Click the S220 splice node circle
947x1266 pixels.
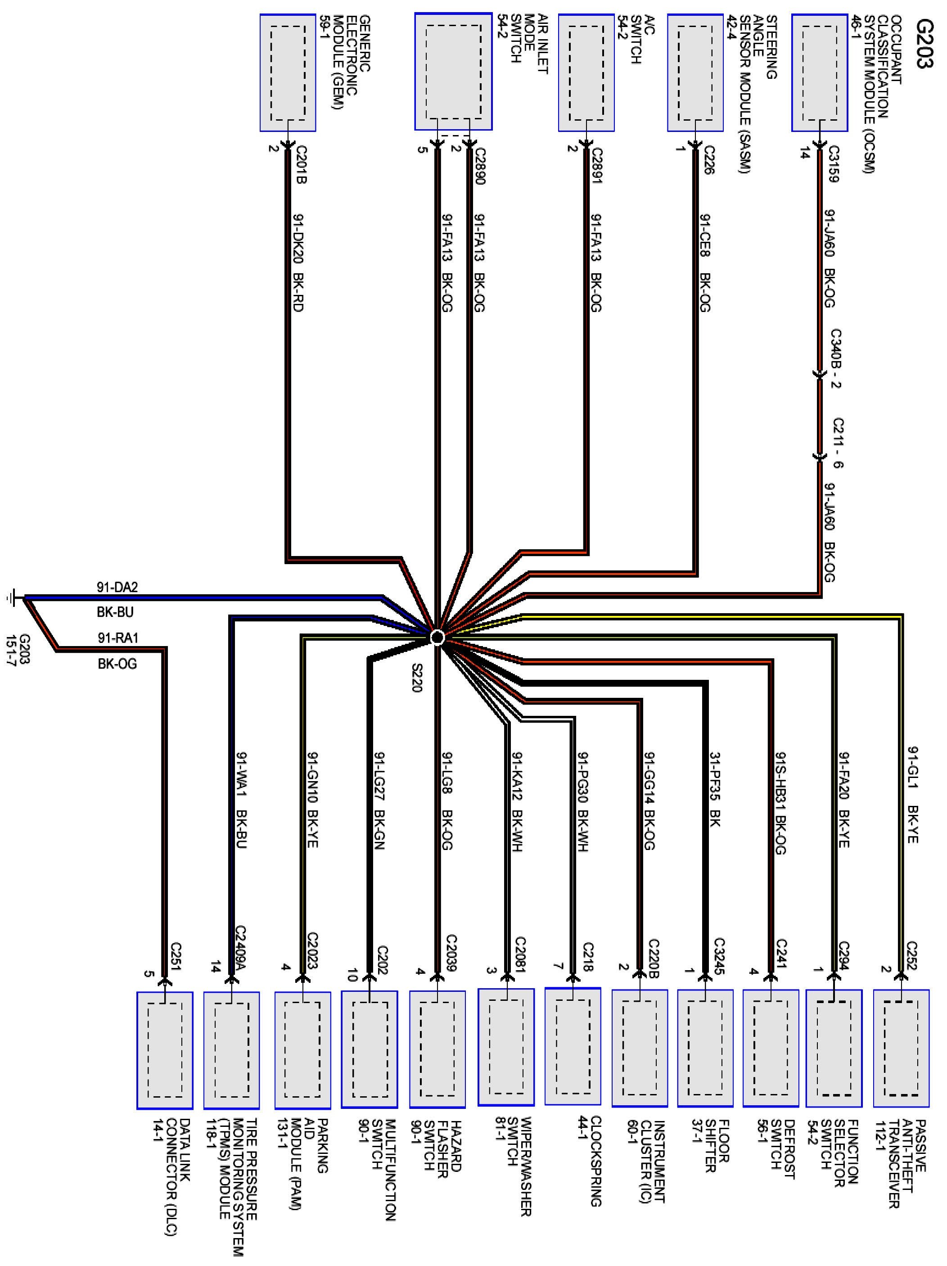click(437, 637)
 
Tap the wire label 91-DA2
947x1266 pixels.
click(117, 587)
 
